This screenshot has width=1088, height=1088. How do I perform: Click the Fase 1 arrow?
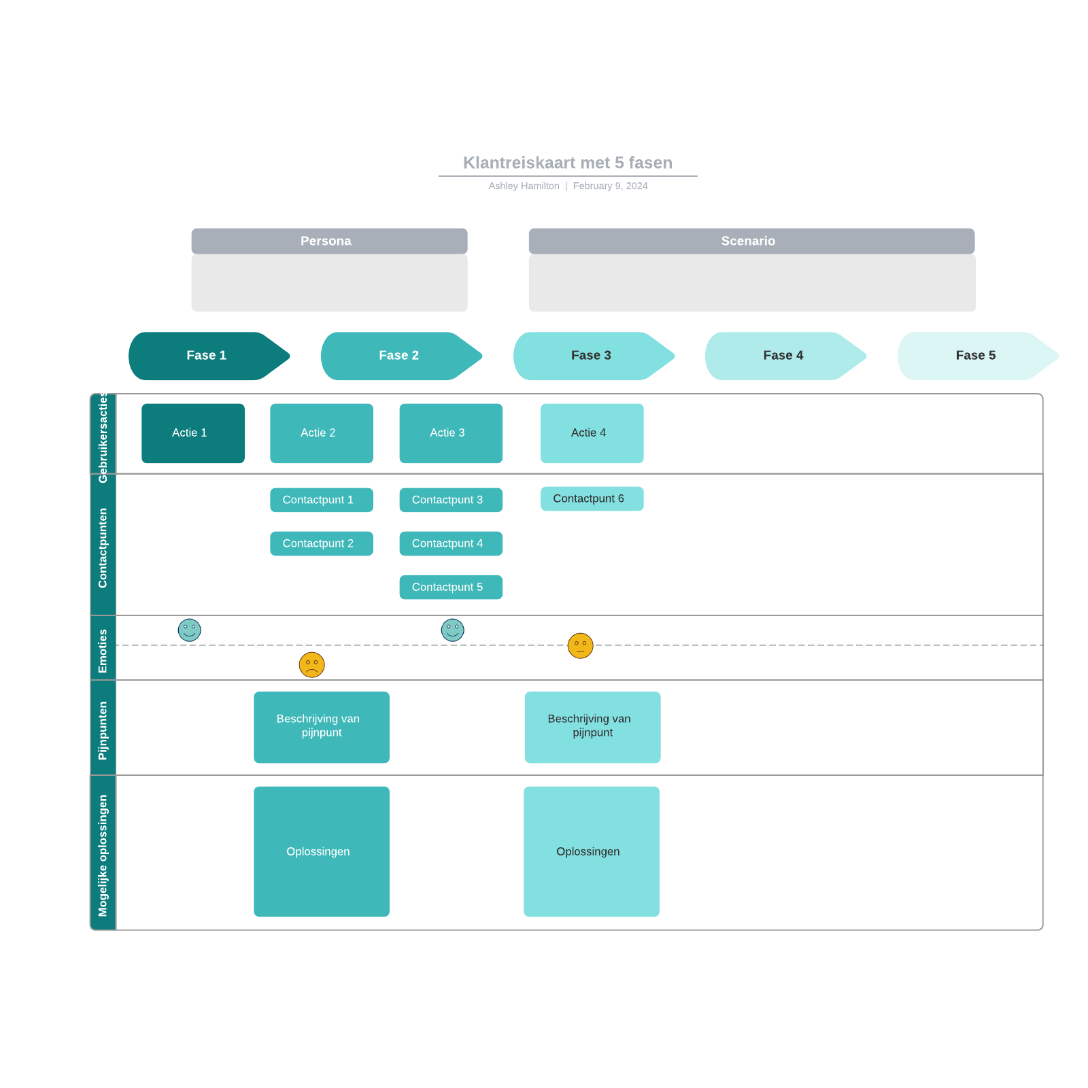(x=207, y=356)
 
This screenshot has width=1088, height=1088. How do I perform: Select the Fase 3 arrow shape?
(x=592, y=356)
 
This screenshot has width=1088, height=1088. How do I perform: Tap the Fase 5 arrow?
(x=976, y=356)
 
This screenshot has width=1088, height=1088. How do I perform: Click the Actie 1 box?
(x=193, y=433)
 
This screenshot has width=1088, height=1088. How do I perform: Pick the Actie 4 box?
(x=592, y=433)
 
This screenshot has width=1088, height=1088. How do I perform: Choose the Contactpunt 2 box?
(x=321, y=543)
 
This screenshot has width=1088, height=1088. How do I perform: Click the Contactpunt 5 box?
(x=450, y=587)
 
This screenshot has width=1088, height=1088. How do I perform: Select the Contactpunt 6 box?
(x=592, y=498)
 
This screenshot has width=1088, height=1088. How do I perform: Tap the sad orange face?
(x=311, y=664)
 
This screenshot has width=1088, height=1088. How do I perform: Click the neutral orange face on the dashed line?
(x=580, y=645)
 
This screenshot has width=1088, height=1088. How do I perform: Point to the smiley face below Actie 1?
(x=189, y=630)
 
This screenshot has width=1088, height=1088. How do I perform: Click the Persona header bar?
(x=329, y=241)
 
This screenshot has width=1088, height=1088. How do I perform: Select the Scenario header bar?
(x=751, y=241)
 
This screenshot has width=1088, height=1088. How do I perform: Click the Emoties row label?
(x=103, y=650)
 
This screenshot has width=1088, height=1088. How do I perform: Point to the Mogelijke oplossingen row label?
(x=103, y=855)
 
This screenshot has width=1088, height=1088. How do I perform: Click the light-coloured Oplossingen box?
(x=591, y=851)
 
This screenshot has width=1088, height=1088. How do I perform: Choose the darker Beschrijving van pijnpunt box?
(x=321, y=727)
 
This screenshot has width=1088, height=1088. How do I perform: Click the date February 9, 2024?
(x=610, y=186)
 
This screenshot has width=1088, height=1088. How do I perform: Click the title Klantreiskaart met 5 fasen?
(x=567, y=163)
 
